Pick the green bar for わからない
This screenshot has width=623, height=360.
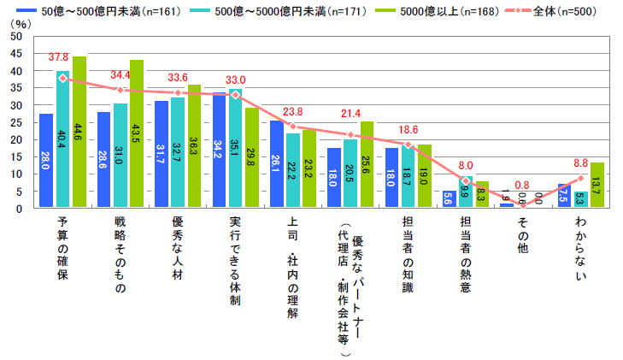597,185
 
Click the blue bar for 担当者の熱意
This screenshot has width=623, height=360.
449,198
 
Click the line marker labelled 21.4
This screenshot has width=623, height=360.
350,134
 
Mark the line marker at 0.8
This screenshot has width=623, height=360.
523,205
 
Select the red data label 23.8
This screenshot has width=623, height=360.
293,111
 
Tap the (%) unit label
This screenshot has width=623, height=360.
19,24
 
